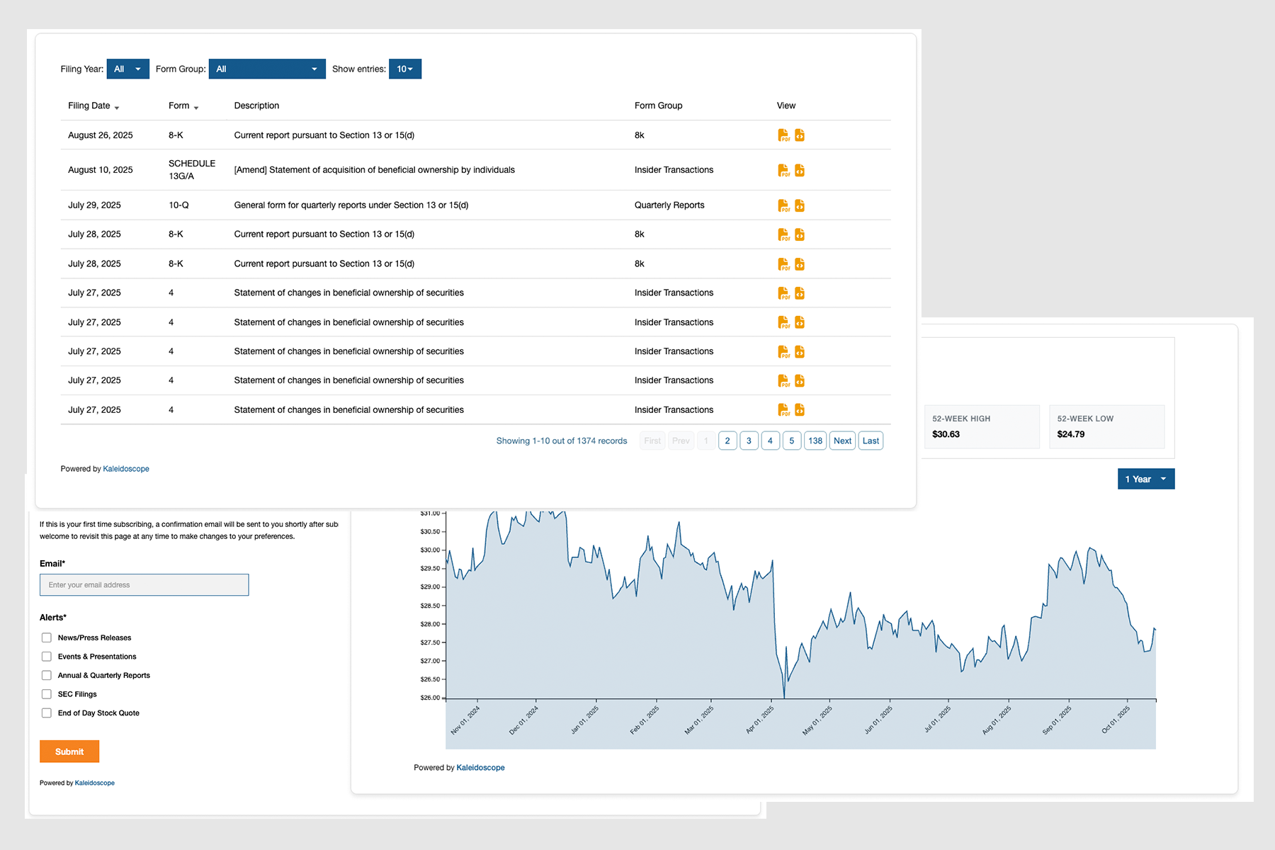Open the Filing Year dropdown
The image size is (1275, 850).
[127, 69]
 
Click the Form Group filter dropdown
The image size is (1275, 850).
[267, 69]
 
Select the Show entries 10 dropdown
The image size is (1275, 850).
[404, 69]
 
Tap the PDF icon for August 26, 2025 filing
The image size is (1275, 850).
[783, 135]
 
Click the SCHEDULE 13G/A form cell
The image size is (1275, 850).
[191, 169]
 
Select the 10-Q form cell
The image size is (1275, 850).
[178, 205]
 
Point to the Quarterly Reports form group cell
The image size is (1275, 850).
[669, 205]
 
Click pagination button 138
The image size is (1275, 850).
[815, 441]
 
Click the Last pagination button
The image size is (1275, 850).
[871, 441]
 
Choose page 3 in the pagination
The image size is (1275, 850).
[749, 441]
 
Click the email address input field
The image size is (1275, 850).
[144, 585]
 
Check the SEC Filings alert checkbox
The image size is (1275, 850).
[47, 694]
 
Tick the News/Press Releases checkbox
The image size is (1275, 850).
[47, 637]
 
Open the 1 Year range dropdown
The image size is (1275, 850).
[1145, 479]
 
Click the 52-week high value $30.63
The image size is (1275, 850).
[946, 434]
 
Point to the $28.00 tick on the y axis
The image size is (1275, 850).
[431, 624]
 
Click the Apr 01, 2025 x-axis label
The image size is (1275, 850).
[760, 719]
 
